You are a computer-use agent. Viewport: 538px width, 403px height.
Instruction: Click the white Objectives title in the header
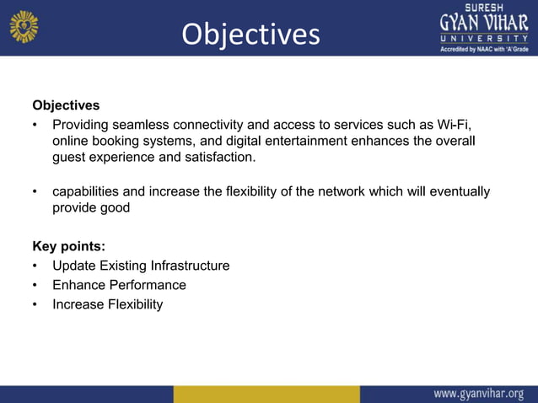pyautogui.click(x=251, y=34)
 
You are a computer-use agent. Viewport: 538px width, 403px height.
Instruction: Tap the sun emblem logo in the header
pyautogui.click(x=24, y=26)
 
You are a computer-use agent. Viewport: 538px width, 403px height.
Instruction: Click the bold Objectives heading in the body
pyautogui.click(x=66, y=105)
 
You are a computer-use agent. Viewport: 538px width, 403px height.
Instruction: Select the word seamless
pyautogui.click(x=135, y=126)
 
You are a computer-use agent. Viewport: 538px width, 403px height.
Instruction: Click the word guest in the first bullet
pyautogui.click(x=69, y=157)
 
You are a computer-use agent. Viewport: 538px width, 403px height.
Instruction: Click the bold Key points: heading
pyautogui.click(x=68, y=246)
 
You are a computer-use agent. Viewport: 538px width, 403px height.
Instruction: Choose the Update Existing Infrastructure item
pyautogui.click(x=140, y=266)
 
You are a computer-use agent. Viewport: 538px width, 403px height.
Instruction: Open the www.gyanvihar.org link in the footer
pyautogui.click(x=478, y=394)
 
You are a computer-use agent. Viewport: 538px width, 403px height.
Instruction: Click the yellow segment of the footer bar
pyautogui.click(x=266, y=394)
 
